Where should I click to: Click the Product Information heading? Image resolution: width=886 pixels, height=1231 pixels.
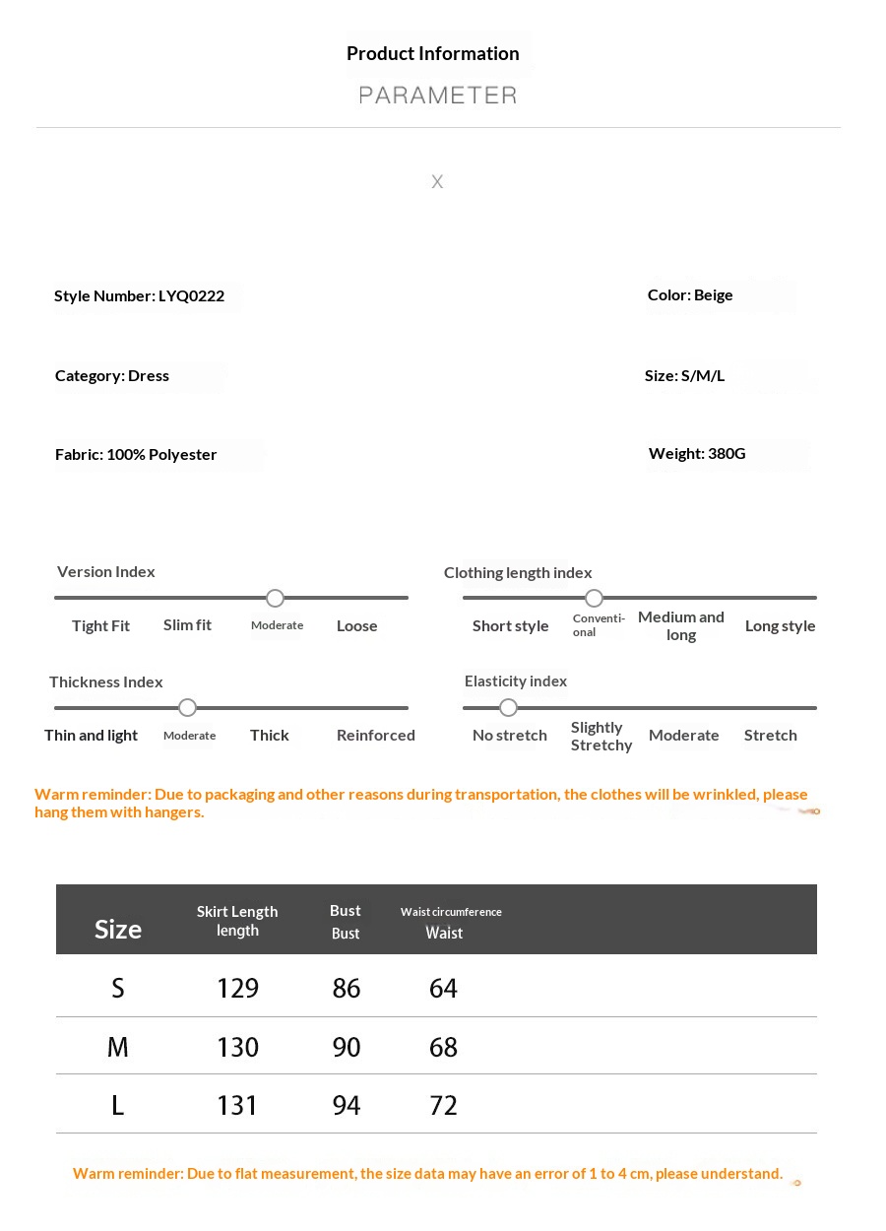pyautogui.click(x=433, y=54)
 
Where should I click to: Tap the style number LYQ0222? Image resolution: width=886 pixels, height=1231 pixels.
pyautogui.click(x=191, y=296)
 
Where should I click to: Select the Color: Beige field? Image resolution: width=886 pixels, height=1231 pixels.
pyautogui.click(x=690, y=295)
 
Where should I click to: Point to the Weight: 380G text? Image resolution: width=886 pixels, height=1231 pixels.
pyautogui.click(x=697, y=454)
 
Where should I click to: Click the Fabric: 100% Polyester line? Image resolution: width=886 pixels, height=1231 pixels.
pyautogui.click(x=136, y=455)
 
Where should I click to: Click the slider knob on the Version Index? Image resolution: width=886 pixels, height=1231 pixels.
pyautogui.click(x=276, y=599)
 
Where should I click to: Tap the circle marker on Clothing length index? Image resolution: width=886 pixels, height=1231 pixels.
pyautogui.click(x=594, y=599)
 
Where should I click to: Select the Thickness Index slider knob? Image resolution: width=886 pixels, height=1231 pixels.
pyautogui.click(x=188, y=708)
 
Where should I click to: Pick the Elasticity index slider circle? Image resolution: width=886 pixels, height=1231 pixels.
pyautogui.click(x=508, y=708)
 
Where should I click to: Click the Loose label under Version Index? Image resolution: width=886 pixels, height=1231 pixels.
pyautogui.click(x=356, y=626)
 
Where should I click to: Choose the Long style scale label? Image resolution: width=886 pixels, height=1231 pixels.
pyautogui.click(x=780, y=626)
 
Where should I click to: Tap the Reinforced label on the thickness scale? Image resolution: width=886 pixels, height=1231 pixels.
pyautogui.click(x=375, y=736)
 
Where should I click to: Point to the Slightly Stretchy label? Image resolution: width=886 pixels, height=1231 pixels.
pyautogui.click(x=601, y=737)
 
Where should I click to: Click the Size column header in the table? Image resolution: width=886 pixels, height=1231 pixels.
pyautogui.click(x=118, y=930)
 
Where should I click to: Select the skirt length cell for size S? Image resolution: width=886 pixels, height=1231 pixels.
pyautogui.click(x=237, y=989)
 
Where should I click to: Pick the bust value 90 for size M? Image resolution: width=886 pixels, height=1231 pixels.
pyautogui.click(x=347, y=1047)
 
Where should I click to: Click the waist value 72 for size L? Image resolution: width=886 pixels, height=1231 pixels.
pyautogui.click(x=443, y=1106)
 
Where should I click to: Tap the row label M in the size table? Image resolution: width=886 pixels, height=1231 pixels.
pyautogui.click(x=118, y=1047)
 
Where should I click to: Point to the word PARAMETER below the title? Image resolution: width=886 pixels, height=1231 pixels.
pyautogui.click(x=438, y=96)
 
